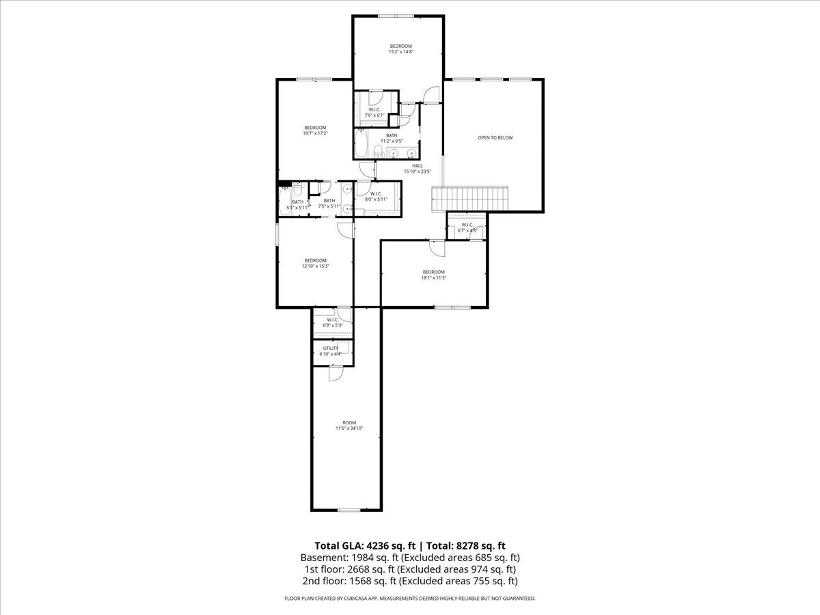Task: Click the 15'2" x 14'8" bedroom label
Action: point(400,49)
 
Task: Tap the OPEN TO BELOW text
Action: point(495,138)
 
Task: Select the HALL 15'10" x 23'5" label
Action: point(417,168)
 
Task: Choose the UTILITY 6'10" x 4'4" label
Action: point(331,351)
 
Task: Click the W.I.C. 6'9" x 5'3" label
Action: point(332,323)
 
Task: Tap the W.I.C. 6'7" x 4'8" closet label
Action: point(467,228)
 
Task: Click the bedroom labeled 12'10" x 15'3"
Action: point(315,263)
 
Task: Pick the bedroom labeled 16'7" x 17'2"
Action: point(315,131)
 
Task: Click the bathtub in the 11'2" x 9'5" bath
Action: point(361,145)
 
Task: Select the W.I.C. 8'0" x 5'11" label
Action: point(376,196)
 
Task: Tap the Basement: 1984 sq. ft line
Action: point(410,557)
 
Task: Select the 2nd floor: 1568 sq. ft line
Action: point(410,581)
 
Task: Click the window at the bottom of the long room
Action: point(348,510)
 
